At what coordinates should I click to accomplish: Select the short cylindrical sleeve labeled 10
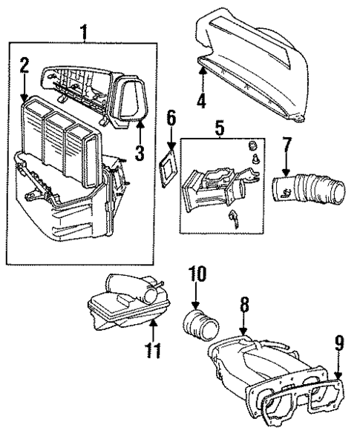[x=200, y=328]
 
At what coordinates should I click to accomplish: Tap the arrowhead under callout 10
[x=195, y=306]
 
